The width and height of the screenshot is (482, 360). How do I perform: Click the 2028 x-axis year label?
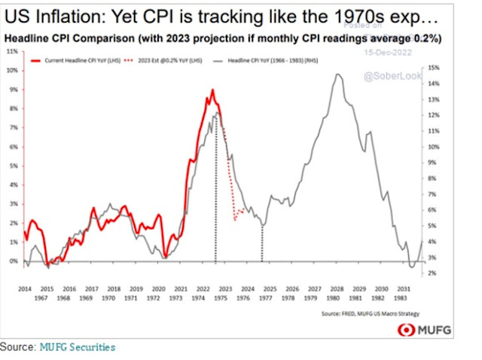[337, 288]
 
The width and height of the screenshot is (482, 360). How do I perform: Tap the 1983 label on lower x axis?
[404, 298]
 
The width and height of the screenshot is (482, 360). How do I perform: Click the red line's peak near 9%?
[212, 90]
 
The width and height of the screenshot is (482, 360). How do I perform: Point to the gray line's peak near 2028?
[339, 74]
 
